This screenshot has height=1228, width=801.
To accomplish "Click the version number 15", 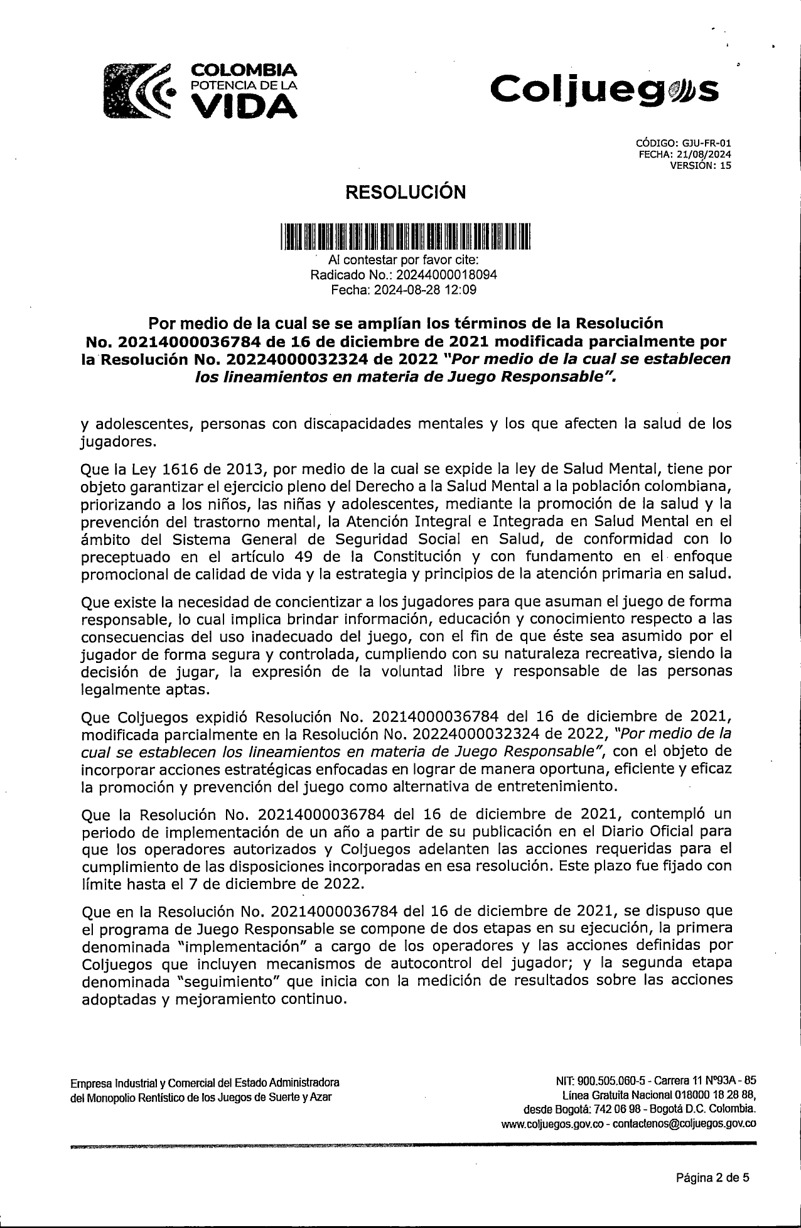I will click(x=726, y=166).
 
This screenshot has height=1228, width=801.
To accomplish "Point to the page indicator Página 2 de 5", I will click(x=712, y=1178).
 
